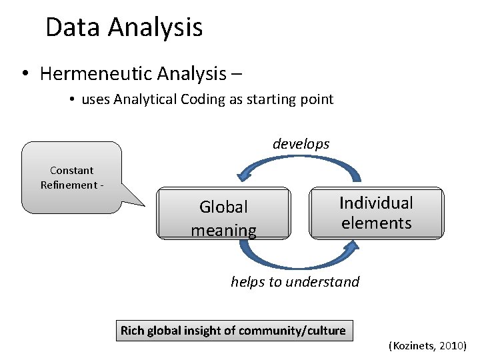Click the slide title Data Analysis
pos(124,27)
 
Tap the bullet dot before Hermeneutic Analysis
pos(24,73)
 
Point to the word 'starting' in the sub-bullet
pos(258,100)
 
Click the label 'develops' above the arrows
pos(301,144)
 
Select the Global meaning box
pos(223,213)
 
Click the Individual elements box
pos(376,213)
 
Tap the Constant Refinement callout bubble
pos(71,178)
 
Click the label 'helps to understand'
pos(295,282)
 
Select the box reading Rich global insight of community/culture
pos(233,330)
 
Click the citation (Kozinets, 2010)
pos(427,346)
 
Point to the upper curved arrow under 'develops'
pos(300,163)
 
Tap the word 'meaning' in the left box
pos(223,231)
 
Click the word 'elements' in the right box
pos(376,223)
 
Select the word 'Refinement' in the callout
pos(68,185)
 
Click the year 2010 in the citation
pos(452,346)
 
